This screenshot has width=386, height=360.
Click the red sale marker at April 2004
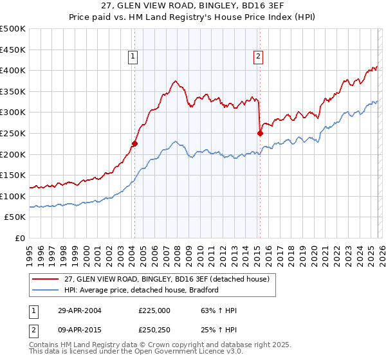point(134,144)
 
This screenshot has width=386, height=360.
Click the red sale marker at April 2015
point(260,134)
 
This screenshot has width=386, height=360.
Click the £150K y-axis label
point(13,175)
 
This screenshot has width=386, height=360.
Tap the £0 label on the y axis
point(19,238)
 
